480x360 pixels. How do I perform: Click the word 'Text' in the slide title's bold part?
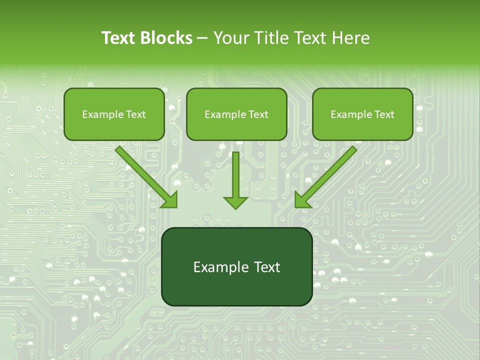coord(118,38)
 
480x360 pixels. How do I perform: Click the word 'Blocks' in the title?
coord(165,38)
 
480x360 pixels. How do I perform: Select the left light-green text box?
coord(114,114)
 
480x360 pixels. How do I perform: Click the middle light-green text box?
coord(236,114)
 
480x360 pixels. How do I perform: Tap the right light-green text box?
coord(362,114)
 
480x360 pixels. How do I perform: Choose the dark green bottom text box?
coord(236,267)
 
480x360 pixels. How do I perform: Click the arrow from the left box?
coord(145,175)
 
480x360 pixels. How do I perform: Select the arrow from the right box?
coord(327,175)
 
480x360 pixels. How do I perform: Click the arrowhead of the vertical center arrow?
coord(235,202)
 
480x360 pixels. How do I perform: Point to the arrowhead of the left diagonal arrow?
coord(170,200)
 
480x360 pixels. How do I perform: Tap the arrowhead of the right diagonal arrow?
coord(302,200)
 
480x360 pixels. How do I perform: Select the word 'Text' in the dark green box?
coord(266,267)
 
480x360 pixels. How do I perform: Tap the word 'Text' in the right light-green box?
coord(384,114)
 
